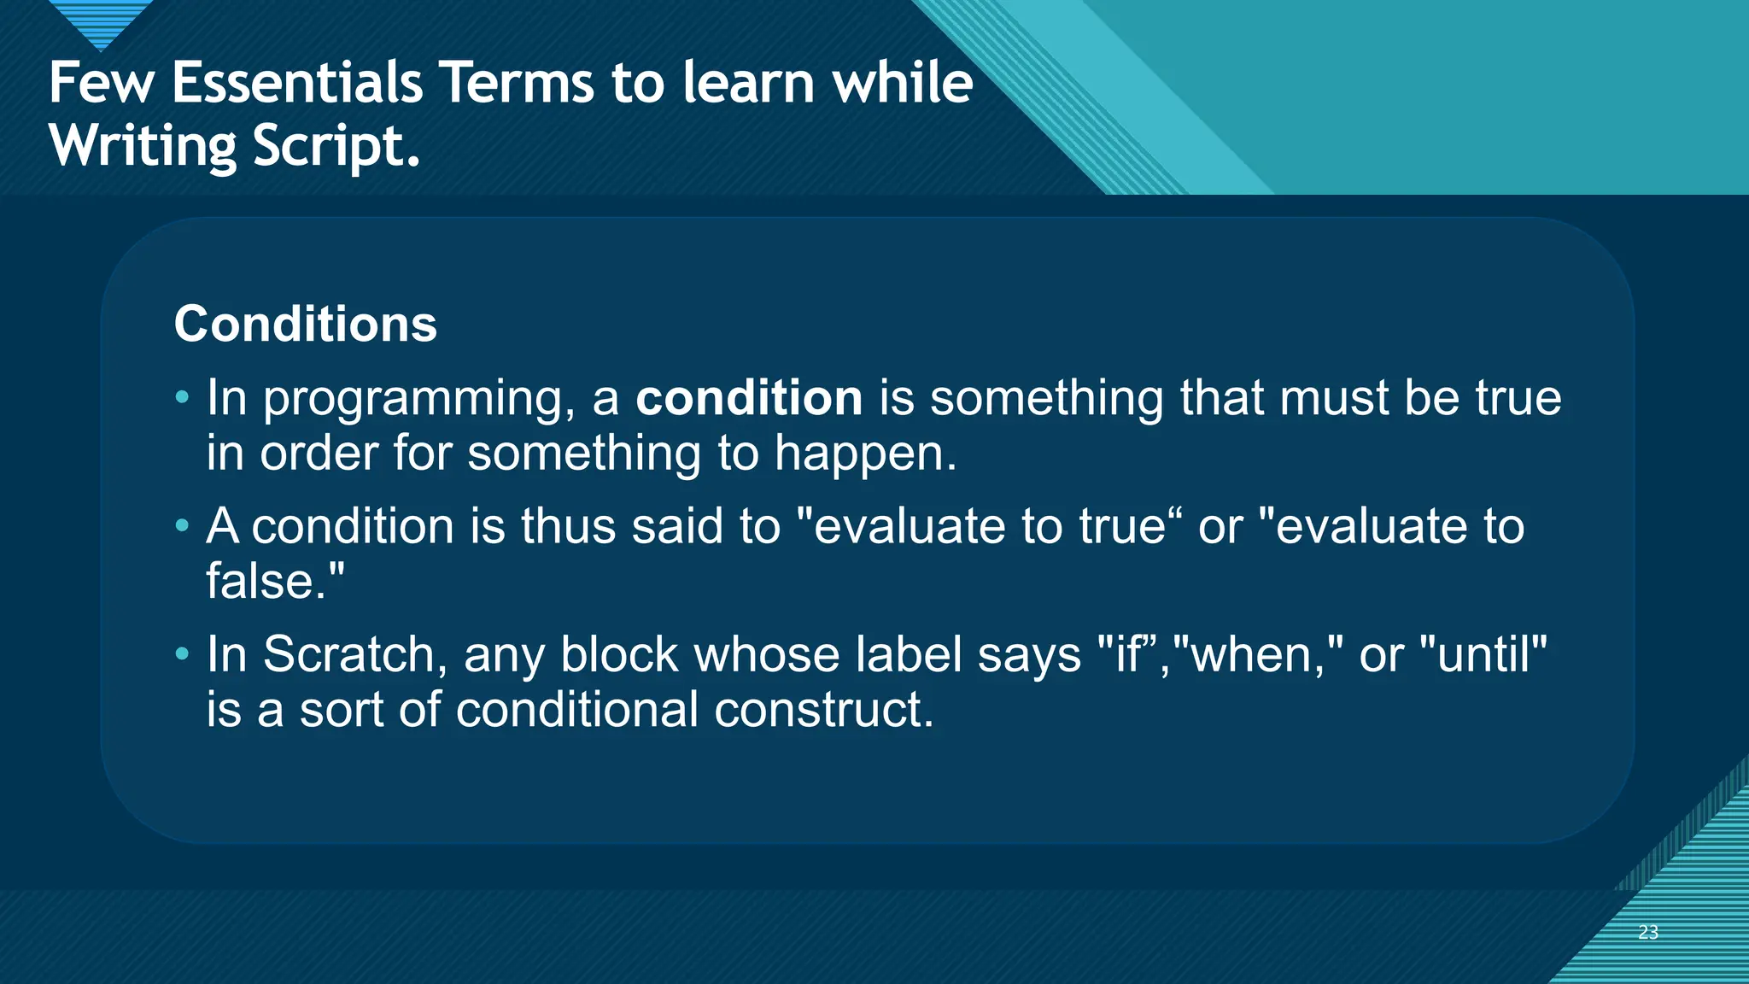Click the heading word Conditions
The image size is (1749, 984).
tap(305, 325)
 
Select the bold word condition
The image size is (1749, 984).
tap(749, 399)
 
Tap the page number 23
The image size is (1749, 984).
tap(1647, 932)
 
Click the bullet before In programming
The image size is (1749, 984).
tap(182, 397)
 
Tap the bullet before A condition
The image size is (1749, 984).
tap(182, 525)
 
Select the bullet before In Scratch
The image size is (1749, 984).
tap(182, 654)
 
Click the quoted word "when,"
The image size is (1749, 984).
tap(1259, 655)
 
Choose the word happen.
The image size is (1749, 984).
tap(865, 454)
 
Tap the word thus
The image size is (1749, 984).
tap(568, 526)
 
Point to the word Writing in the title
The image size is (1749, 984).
tap(142, 147)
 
